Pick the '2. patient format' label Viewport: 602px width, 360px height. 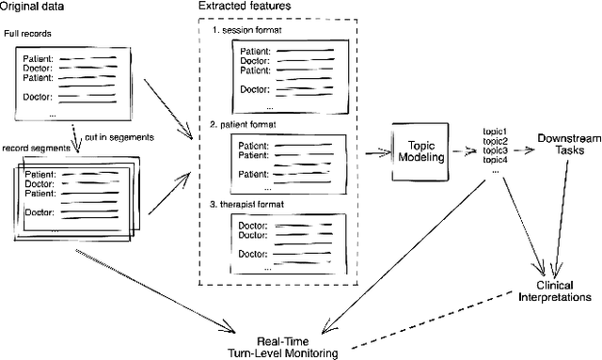(x=247, y=123)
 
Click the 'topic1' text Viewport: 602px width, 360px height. (x=494, y=131)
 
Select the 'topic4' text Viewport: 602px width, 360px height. (x=494, y=160)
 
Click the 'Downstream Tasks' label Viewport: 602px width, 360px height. (x=562, y=145)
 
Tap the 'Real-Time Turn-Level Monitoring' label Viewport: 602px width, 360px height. (x=284, y=346)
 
